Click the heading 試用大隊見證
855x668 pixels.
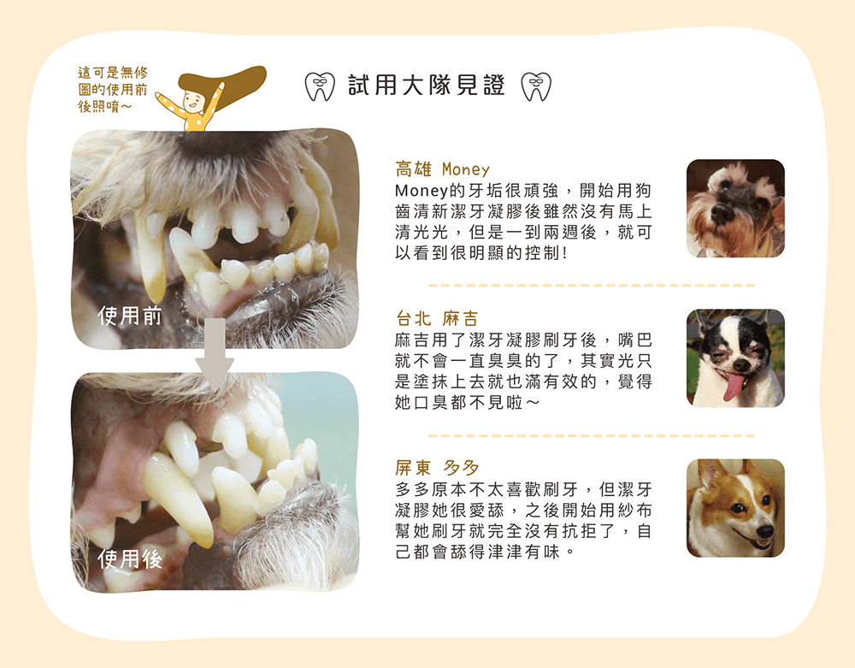[x=427, y=86]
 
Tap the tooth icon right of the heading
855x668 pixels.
[x=536, y=86]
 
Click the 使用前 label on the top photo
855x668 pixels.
[x=130, y=316]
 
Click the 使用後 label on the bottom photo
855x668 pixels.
[x=130, y=559]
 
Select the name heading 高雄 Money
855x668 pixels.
[x=442, y=168]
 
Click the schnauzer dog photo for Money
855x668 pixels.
[x=735, y=208]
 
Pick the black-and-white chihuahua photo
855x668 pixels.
[x=735, y=358]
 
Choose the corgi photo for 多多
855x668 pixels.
[x=735, y=508]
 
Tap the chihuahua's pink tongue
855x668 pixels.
[x=734, y=387]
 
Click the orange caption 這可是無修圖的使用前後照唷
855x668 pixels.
[x=112, y=90]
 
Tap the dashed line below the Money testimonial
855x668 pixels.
[x=590, y=286]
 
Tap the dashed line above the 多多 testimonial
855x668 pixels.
[x=590, y=435]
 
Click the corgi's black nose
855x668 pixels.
[x=764, y=532]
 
